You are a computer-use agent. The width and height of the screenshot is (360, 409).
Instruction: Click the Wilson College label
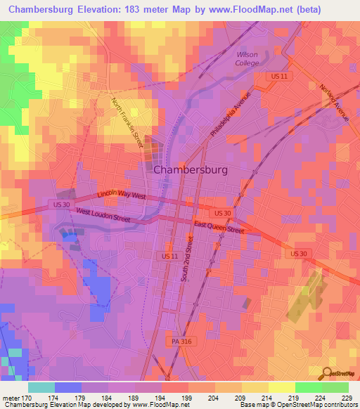click(x=247, y=58)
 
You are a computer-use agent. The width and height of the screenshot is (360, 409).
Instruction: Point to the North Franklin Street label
click(x=128, y=124)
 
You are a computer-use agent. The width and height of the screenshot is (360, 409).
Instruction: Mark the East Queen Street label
click(x=219, y=226)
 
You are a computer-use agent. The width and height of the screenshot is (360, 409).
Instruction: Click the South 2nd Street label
click(x=188, y=259)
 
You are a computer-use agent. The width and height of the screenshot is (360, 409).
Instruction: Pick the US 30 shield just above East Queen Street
click(x=222, y=212)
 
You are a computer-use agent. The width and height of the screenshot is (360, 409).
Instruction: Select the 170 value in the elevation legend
click(x=27, y=398)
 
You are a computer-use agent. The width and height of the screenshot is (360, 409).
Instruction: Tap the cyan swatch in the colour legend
click(x=41, y=387)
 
